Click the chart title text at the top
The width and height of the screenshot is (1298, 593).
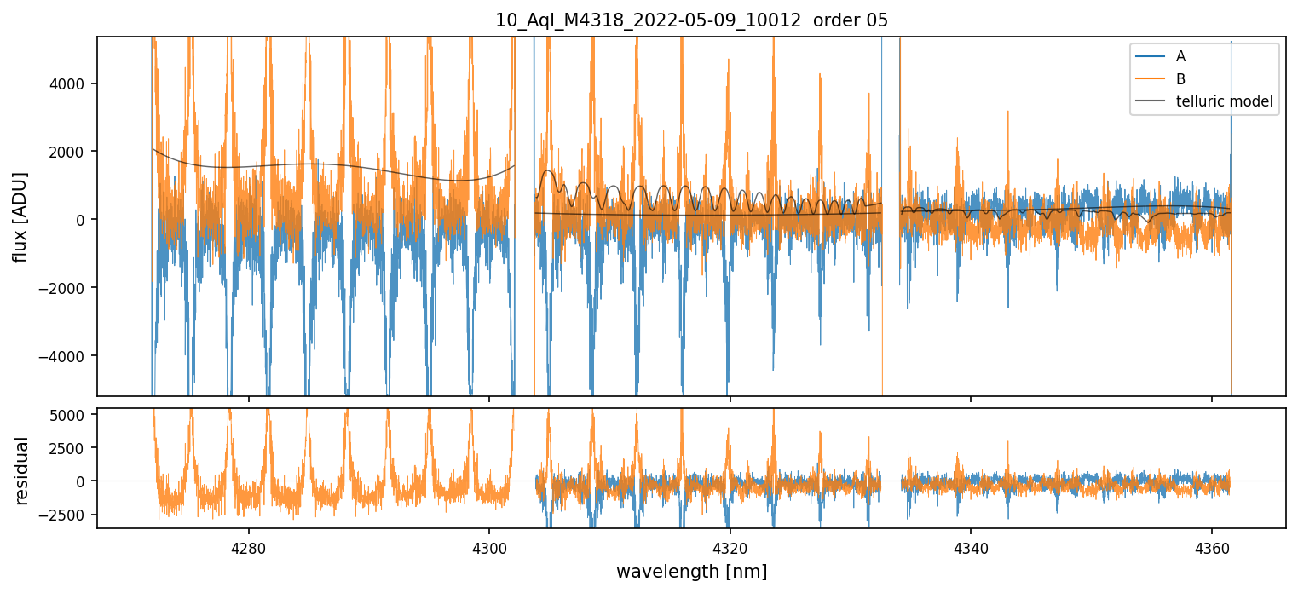point(691,20)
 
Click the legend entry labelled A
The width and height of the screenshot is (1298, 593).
point(1180,56)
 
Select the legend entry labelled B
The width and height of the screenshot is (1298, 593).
point(1180,79)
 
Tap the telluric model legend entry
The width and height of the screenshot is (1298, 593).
point(1223,101)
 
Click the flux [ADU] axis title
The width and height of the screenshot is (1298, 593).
point(20,216)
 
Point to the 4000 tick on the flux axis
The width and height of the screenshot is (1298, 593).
point(72,83)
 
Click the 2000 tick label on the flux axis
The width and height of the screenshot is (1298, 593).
point(72,152)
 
